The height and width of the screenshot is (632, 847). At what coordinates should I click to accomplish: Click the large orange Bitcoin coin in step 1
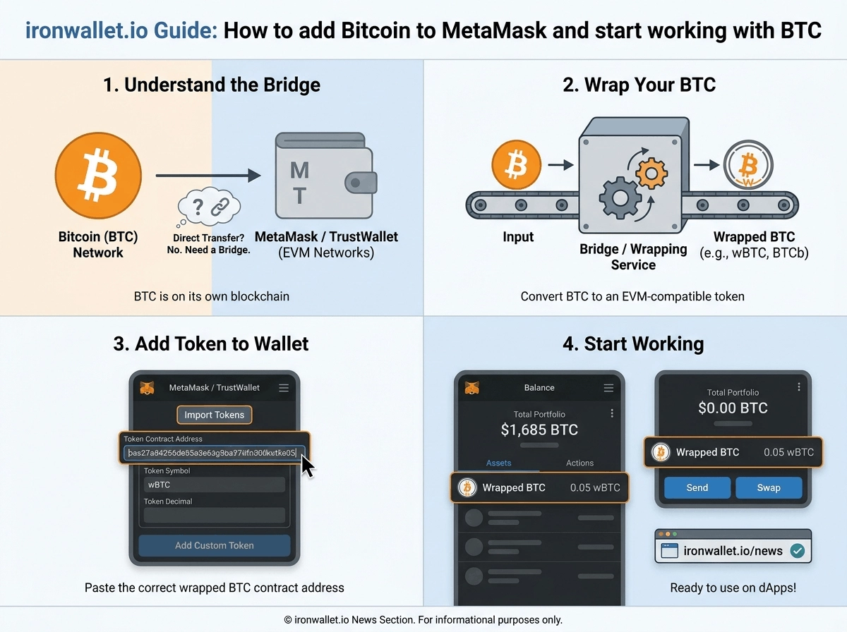(98, 176)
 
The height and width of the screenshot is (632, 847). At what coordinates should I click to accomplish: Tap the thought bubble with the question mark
(209, 207)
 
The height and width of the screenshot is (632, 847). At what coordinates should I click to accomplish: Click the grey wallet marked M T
(325, 176)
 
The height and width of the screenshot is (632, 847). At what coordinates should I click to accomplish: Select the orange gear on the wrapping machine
(651, 174)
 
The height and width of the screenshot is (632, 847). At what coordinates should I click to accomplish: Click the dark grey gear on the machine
(620, 198)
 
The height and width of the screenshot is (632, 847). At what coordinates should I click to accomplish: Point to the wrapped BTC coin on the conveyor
(748, 165)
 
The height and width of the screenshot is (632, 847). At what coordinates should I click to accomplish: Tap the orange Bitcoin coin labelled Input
(516, 164)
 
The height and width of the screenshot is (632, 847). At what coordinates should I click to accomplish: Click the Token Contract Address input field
(214, 453)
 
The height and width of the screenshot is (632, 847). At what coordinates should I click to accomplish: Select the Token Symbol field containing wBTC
(214, 485)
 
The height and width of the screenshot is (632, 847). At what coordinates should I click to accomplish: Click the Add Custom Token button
(214, 545)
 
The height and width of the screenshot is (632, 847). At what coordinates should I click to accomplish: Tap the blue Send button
(697, 487)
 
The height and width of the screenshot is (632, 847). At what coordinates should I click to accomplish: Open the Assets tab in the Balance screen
(498, 463)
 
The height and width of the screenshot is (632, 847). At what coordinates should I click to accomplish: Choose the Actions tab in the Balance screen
(579, 463)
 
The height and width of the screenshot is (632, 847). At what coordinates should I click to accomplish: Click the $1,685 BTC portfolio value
(539, 430)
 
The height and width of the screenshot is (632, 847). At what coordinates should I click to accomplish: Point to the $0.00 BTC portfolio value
(733, 408)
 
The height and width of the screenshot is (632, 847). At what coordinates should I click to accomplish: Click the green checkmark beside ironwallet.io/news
(797, 551)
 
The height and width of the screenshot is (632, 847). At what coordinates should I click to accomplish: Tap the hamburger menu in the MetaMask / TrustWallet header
(284, 387)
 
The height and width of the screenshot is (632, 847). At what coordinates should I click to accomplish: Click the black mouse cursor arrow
(307, 466)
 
